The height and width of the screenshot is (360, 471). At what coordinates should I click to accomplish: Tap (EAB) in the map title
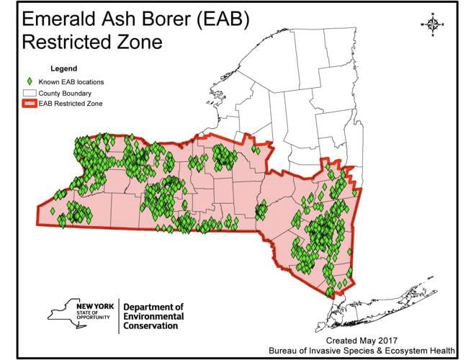223,20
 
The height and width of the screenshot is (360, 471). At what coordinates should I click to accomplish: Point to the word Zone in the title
141,42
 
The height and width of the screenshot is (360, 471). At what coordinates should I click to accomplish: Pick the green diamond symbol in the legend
28,82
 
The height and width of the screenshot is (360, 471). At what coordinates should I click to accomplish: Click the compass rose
433,24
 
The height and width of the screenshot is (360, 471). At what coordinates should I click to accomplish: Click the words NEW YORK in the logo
94,306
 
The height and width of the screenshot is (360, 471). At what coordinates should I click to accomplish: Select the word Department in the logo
148,306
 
